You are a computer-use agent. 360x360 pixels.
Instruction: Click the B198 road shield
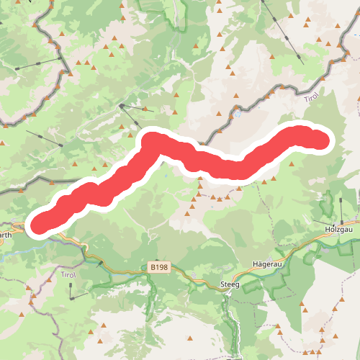[x=159, y=267]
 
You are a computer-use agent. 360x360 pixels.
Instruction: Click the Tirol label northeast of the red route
[x=310, y=98]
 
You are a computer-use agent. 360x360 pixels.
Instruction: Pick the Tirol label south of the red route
[x=69, y=275]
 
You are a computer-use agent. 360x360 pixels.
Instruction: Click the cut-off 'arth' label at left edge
[x=5, y=235]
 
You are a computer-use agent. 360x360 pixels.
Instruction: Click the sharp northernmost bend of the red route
[x=151, y=139]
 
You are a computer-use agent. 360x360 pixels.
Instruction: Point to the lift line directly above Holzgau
[x=341, y=209]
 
